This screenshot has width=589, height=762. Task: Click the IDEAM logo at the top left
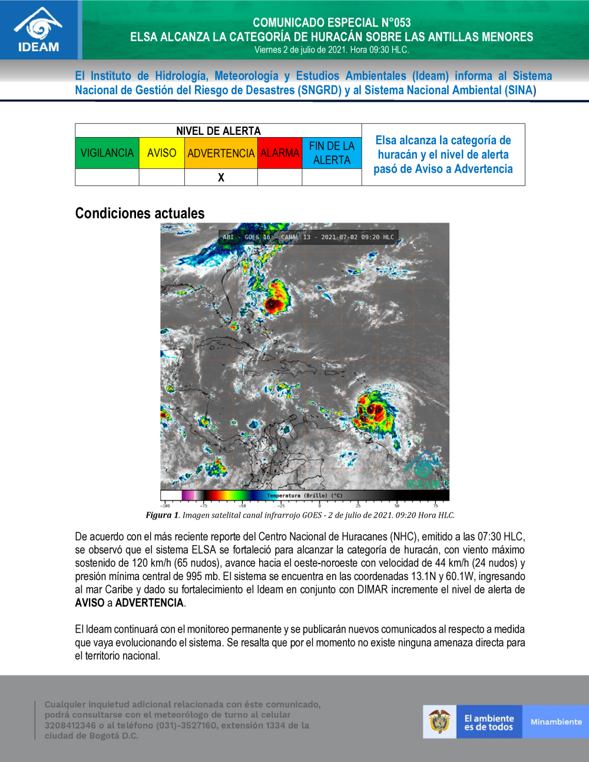(38, 29)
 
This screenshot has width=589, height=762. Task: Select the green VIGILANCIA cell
(107, 153)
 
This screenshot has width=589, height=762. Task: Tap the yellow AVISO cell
(161, 153)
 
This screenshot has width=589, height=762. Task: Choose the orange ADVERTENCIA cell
(221, 153)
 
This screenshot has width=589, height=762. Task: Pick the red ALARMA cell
(280, 153)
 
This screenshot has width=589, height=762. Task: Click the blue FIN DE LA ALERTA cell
(332, 153)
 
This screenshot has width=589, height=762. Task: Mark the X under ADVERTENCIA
(221, 177)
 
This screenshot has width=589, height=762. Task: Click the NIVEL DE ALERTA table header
(218, 131)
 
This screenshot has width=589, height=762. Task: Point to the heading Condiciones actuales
(140, 213)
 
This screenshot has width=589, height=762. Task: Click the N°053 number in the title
(396, 23)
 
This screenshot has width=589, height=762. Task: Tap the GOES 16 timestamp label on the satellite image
(308, 237)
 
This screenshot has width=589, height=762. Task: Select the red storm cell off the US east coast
(272, 304)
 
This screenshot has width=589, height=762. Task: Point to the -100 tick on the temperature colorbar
(165, 505)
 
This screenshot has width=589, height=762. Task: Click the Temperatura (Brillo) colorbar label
(305, 496)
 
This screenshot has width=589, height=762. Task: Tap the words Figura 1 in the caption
(162, 515)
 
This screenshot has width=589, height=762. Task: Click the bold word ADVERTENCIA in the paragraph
(150, 603)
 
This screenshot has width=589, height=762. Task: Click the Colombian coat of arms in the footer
(439, 721)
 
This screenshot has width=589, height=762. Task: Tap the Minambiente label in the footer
(555, 722)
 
